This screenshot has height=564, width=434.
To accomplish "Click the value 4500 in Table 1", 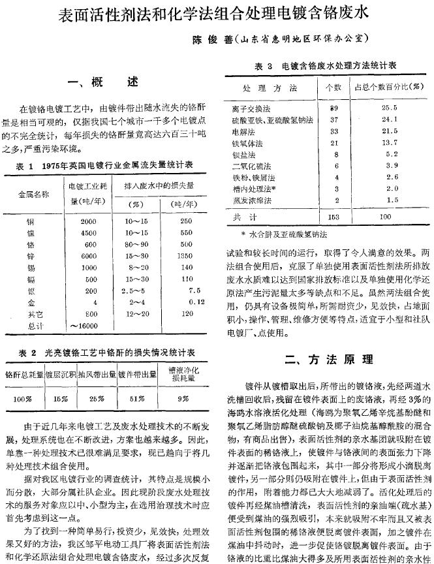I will (x=88, y=232).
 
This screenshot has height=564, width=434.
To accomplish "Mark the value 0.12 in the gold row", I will (x=196, y=302).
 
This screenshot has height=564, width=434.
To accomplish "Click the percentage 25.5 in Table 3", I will (x=389, y=108).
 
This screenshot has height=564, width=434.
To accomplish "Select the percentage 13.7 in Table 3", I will (x=389, y=142).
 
